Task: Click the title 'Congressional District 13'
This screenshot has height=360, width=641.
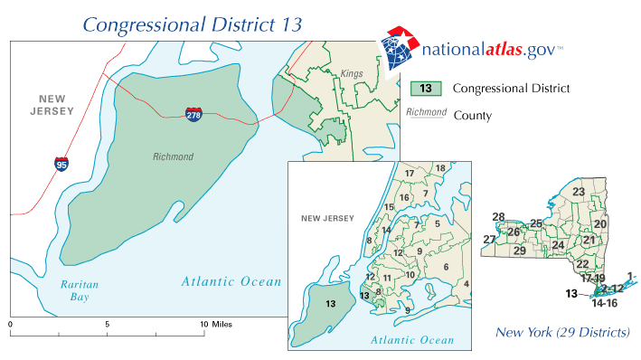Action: tap(193, 23)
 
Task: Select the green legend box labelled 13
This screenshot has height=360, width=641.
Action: tap(424, 89)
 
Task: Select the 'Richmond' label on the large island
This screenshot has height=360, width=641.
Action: tap(173, 156)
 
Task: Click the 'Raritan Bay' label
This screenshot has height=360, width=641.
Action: tap(80, 289)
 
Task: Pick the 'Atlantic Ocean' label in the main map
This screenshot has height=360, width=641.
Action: tap(231, 281)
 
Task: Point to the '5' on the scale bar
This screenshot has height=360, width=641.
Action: tap(107, 323)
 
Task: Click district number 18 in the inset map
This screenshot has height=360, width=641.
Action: tap(440, 168)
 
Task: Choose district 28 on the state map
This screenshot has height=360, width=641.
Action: tap(498, 216)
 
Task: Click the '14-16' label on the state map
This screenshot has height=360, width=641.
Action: tap(604, 304)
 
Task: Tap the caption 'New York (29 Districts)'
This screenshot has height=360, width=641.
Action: tap(561, 333)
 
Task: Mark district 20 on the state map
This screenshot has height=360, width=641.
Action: tap(600, 223)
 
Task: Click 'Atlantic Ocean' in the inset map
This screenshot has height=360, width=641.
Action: tap(411, 340)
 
